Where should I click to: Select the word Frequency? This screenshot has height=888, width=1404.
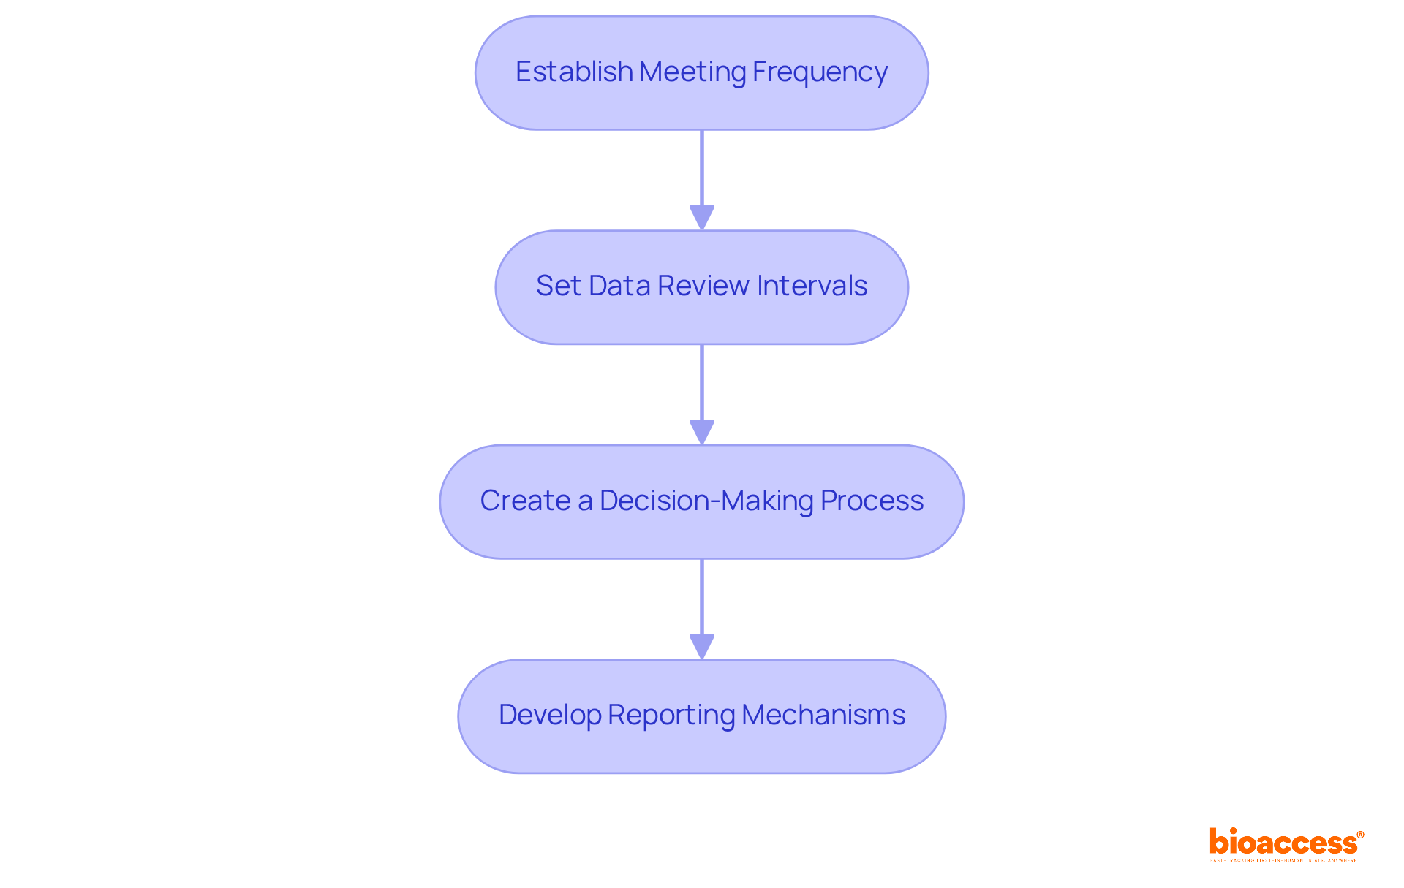820,72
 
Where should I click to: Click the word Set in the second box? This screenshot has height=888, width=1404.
558,286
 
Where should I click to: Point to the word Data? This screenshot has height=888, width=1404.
619,286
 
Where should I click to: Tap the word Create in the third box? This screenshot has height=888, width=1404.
525,501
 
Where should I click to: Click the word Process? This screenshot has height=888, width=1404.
872,501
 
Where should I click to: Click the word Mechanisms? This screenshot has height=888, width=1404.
823,715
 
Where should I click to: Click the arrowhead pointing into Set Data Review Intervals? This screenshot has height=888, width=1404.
702,218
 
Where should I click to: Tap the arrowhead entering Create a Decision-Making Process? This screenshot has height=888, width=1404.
702,432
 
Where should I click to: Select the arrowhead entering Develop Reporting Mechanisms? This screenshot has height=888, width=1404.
702,647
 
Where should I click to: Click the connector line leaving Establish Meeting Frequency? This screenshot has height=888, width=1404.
702,168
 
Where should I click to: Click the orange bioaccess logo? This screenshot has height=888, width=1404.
1283,843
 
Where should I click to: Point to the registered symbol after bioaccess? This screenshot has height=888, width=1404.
1360,835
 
